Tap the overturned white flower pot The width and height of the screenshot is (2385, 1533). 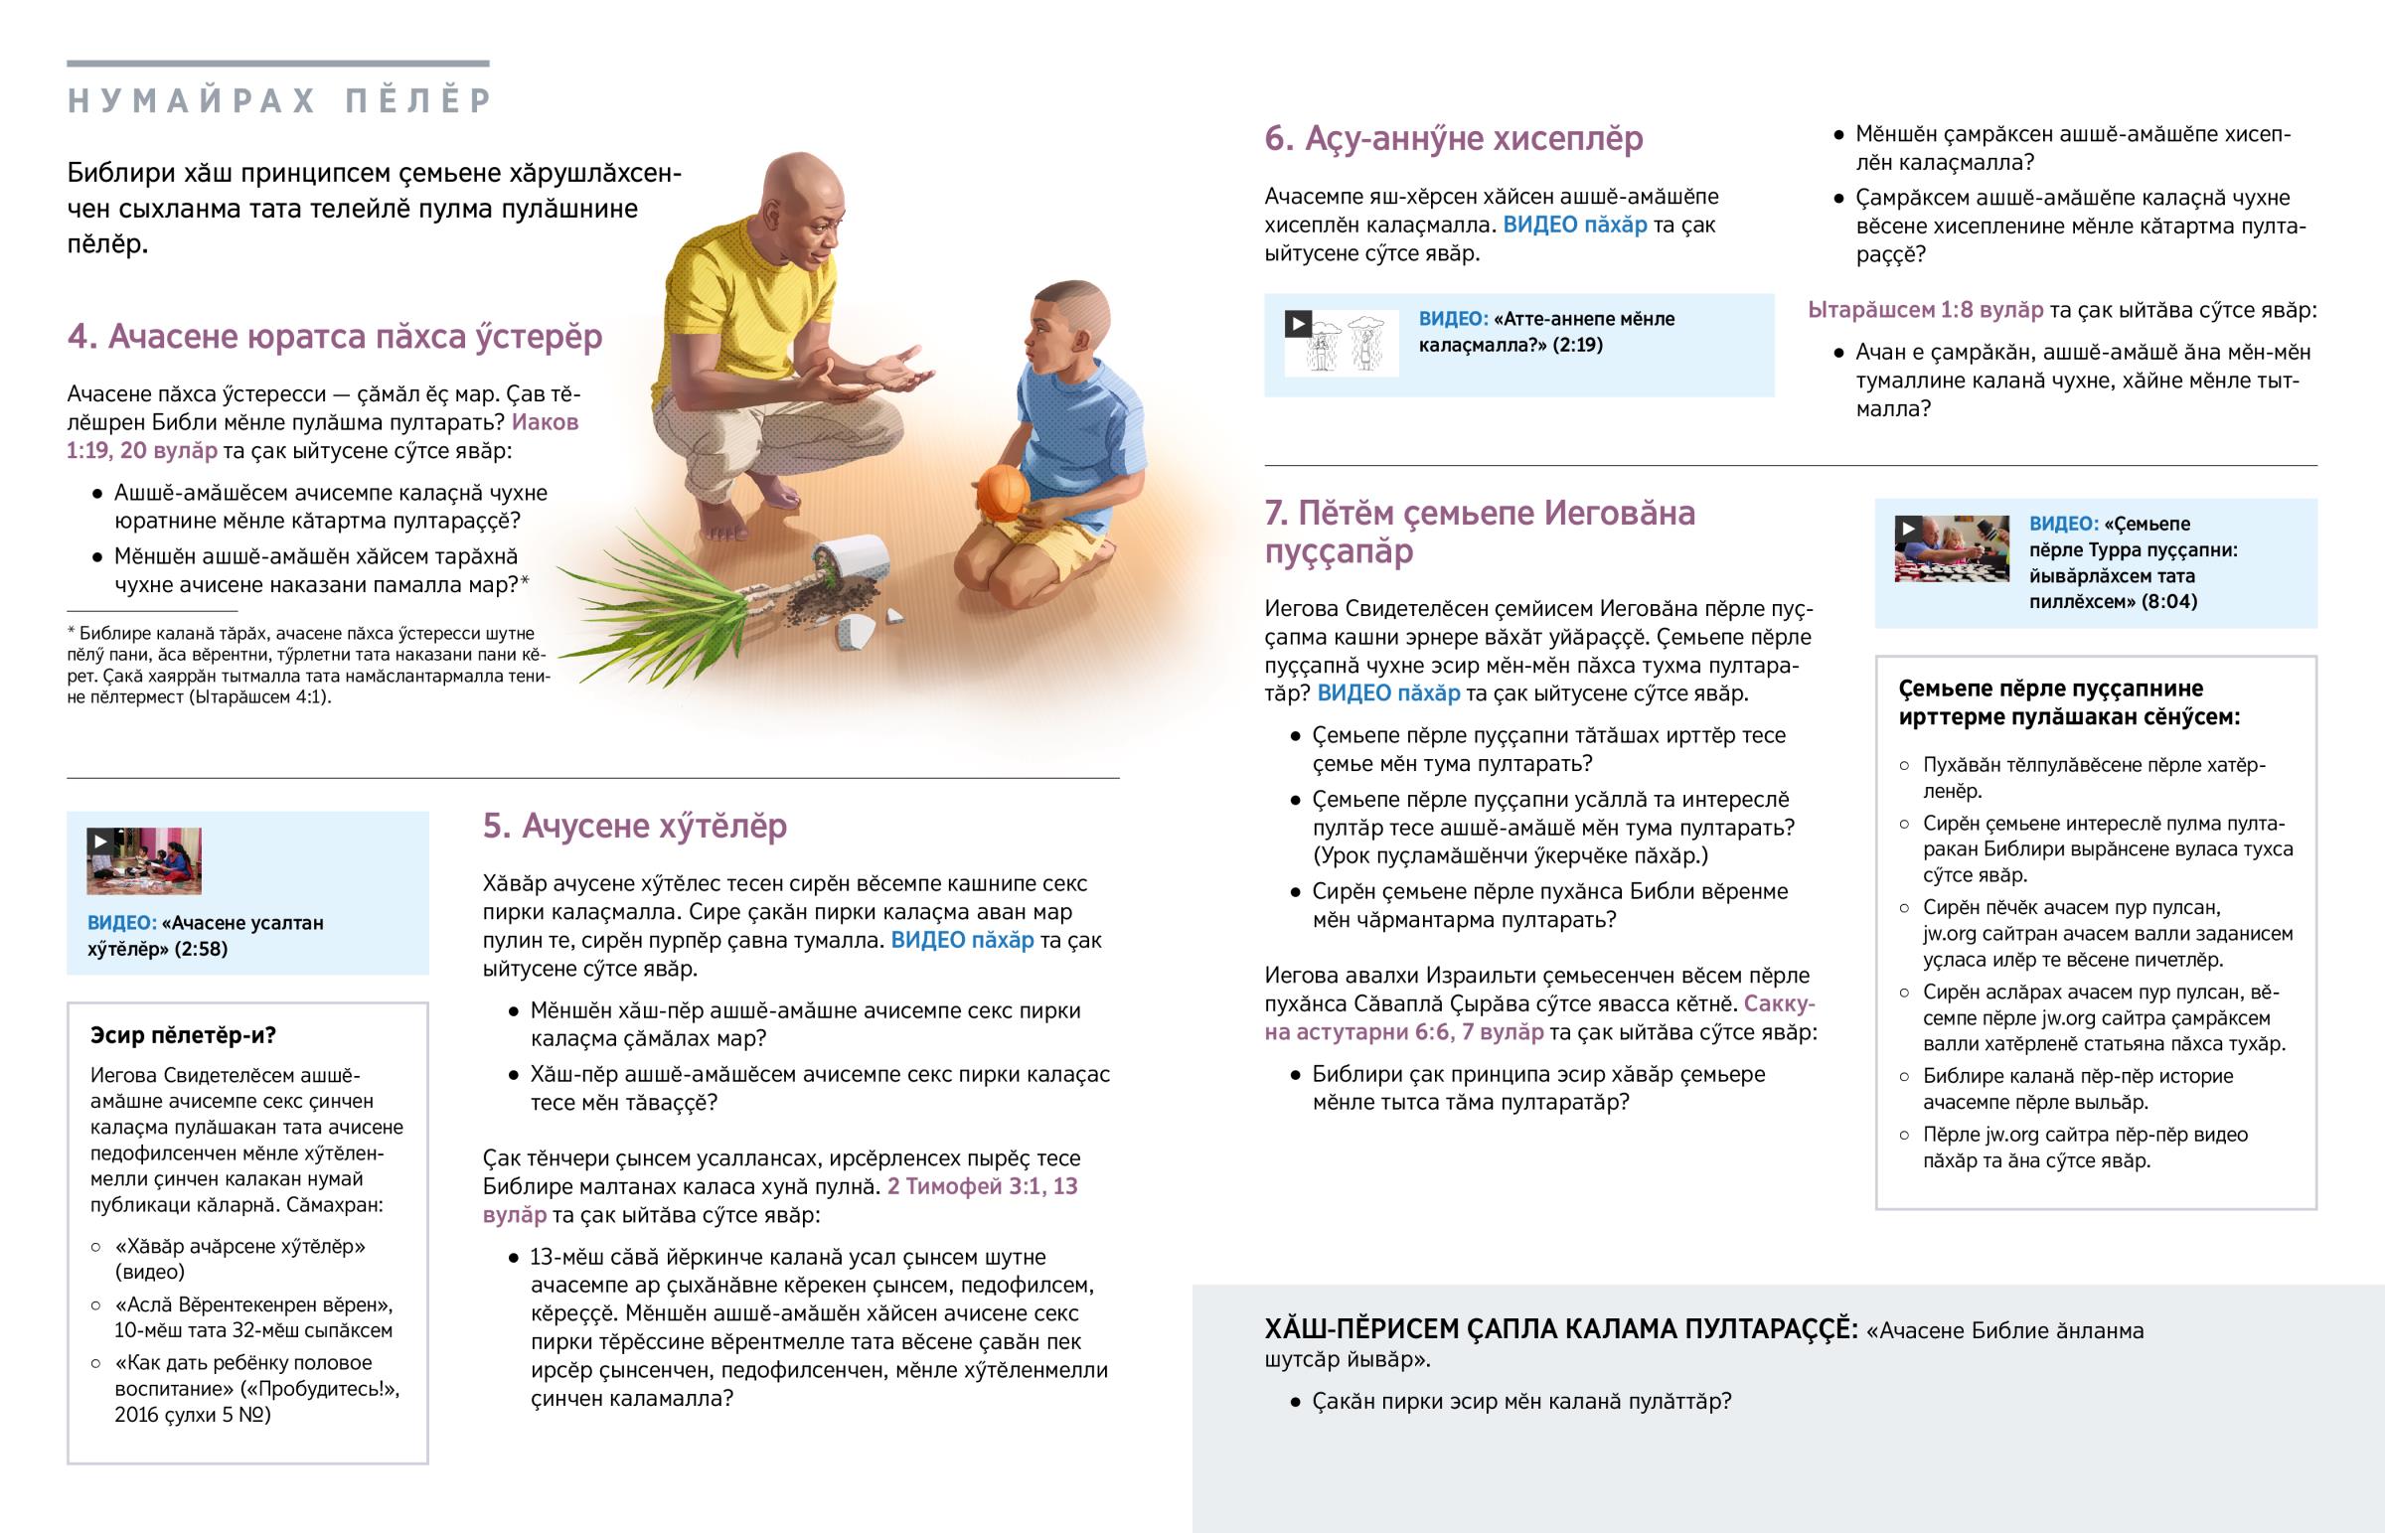point(851,562)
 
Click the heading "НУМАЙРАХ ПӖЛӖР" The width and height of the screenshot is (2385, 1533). point(279,100)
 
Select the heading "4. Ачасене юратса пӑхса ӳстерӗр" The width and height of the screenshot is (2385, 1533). point(335,337)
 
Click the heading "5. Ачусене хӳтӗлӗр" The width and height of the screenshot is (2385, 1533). point(634,826)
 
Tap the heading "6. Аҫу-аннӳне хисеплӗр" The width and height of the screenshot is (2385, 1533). point(1453,138)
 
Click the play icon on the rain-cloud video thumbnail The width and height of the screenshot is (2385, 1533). point(1297,324)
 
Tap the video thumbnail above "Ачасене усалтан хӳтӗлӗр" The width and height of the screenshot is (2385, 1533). point(144,861)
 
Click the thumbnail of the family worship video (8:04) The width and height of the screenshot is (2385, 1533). point(1951,547)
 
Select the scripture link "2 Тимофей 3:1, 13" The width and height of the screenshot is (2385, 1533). point(982,1185)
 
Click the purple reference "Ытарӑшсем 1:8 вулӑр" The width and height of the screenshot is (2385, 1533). point(1925,310)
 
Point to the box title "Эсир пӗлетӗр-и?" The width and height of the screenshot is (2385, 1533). point(183,1035)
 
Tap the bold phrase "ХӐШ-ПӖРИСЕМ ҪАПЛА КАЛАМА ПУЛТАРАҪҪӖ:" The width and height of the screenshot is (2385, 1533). point(1560,1329)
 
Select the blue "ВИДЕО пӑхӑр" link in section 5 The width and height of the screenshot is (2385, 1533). point(962,940)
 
